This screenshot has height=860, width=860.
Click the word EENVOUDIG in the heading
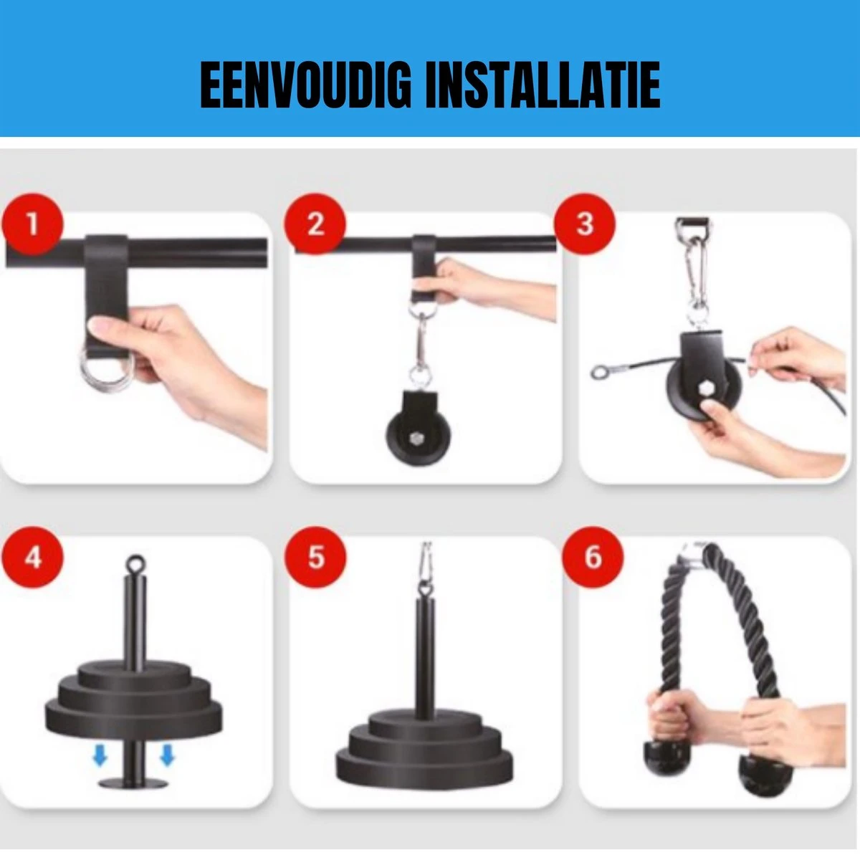(305, 85)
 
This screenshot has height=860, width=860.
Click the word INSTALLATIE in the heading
(543, 85)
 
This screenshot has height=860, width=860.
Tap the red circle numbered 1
(32, 224)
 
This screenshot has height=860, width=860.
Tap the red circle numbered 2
(315, 224)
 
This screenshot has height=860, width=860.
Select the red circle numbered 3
(585, 224)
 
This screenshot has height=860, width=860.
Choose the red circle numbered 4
(32, 558)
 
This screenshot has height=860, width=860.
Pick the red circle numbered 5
(315, 558)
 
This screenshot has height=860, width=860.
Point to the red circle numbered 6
(593, 558)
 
